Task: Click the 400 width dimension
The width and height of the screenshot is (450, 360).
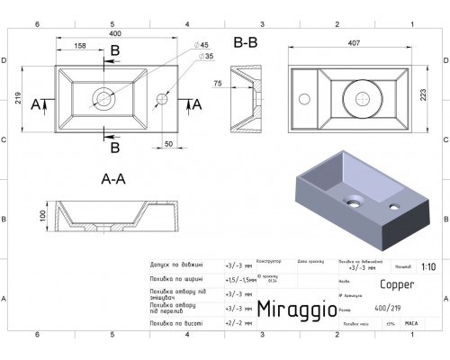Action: coord(113,32)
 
